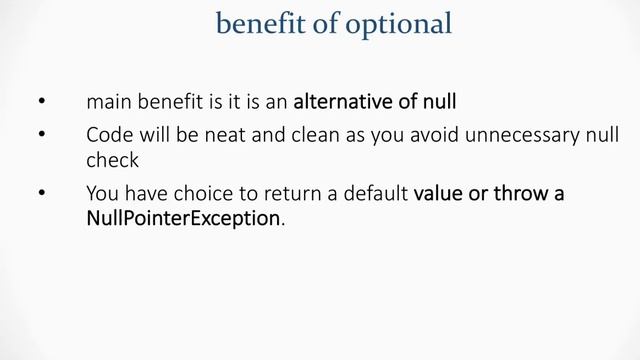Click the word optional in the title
[398, 23]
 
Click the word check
[112, 159]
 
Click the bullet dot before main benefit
[40, 102]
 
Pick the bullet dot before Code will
[40, 134]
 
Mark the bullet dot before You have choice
[40, 192]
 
